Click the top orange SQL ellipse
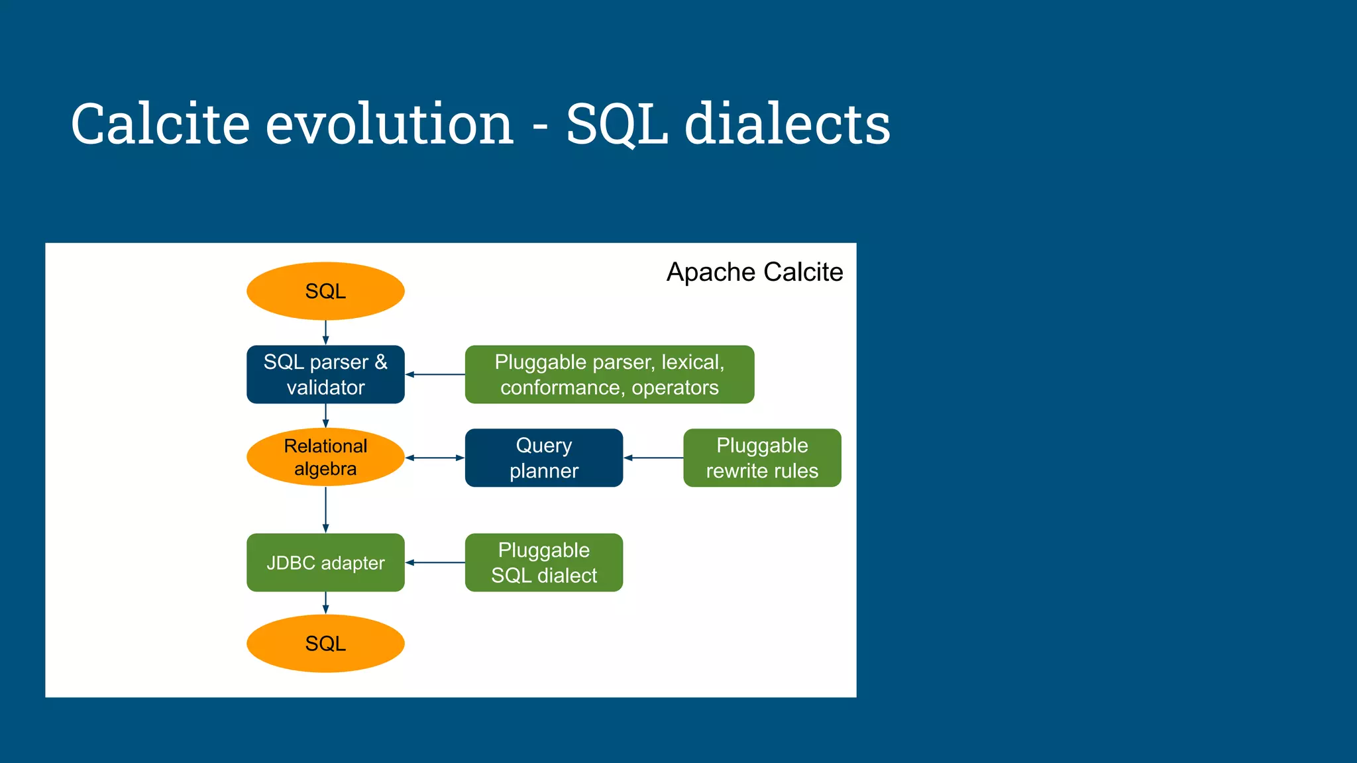pyautogui.click(x=325, y=291)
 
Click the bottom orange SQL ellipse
pyautogui.click(x=325, y=643)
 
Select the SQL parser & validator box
pyautogui.click(x=325, y=374)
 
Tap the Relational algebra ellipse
pyautogui.click(x=325, y=457)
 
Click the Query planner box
pyautogui.click(x=543, y=458)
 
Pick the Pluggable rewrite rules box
pyautogui.click(x=762, y=458)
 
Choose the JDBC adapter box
pyautogui.click(x=325, y=562)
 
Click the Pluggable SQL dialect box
pyautogui.click(x=543, y=562)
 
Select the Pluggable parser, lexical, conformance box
pyautogui.click(x=609, y=374)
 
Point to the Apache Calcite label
pyautogui.click(x=754, y=272)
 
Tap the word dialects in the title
pyautogui.click(x=787, y=124)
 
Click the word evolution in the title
pyautogui.click(x=390, y=124)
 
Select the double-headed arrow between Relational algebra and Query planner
pyautogui.click(x=435, y=458)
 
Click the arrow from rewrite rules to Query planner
pyautogui.click(x=653, y=458)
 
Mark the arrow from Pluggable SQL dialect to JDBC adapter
pyautogui.click(x=435, y=562)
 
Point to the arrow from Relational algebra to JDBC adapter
pyautogui.click(x=325, y=509)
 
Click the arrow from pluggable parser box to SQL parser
pyautogui.click(x=435, y=374)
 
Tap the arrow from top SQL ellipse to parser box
pyautogui.click(x=325, y=332)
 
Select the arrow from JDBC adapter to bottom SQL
pyautogui.click(x=325, y=603)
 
